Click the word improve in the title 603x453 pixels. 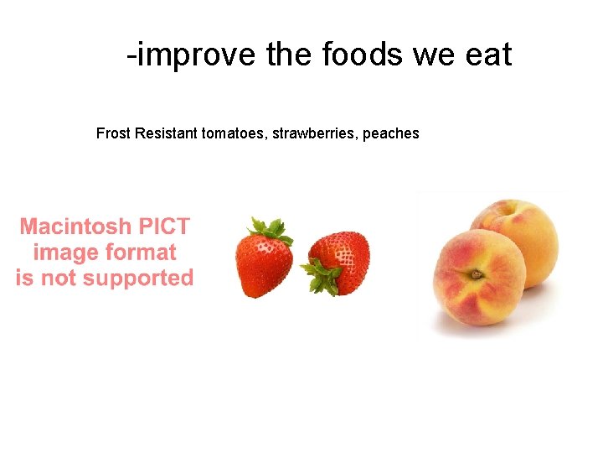196,55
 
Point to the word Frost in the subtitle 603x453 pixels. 113,133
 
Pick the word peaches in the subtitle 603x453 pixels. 390,133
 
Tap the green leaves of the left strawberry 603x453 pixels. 266,227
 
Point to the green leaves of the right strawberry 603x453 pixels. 321,276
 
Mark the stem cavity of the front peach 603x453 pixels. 476,273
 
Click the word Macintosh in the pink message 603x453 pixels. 75,226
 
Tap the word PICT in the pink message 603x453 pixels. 163,226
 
